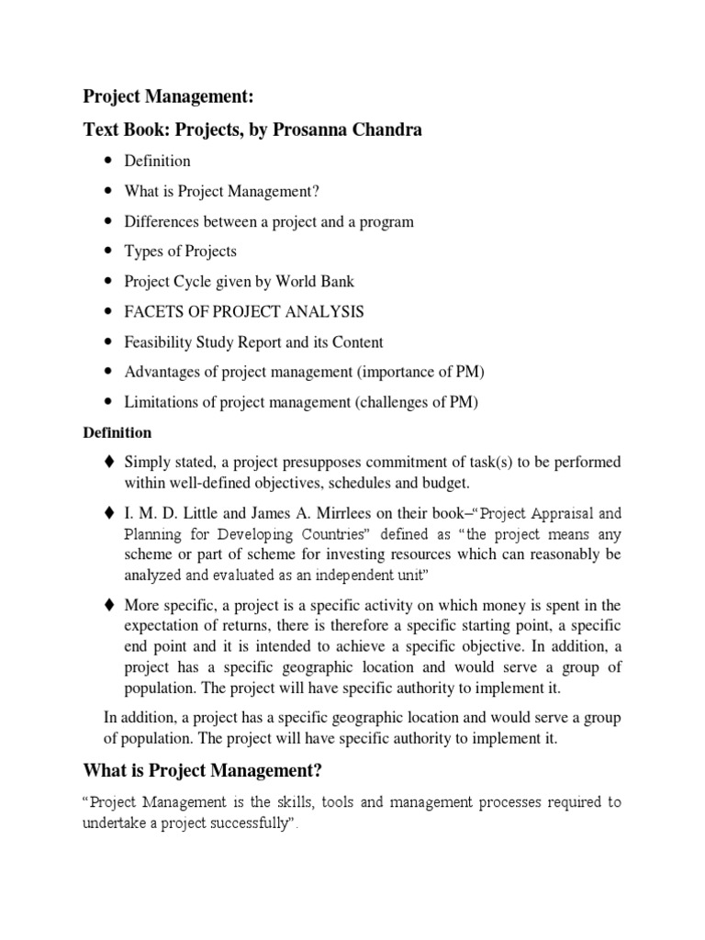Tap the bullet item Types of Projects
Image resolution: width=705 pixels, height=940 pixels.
coord(180,252)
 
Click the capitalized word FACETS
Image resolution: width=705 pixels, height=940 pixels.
coord(154,312)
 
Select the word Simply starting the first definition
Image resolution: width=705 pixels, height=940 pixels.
coord(147,461)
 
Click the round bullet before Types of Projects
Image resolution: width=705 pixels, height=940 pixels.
coord(108,252)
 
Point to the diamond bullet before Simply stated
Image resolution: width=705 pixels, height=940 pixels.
coord(108,461)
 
